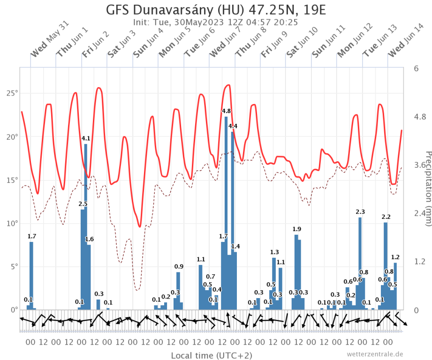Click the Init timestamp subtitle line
(216, 22)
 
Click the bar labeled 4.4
(232, 220)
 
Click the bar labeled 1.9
(296, 272)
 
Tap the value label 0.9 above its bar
(179, 267)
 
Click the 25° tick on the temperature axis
(12, 93)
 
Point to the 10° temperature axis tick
(12, 223)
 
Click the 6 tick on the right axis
(416, 68)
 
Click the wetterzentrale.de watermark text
(375, 354)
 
